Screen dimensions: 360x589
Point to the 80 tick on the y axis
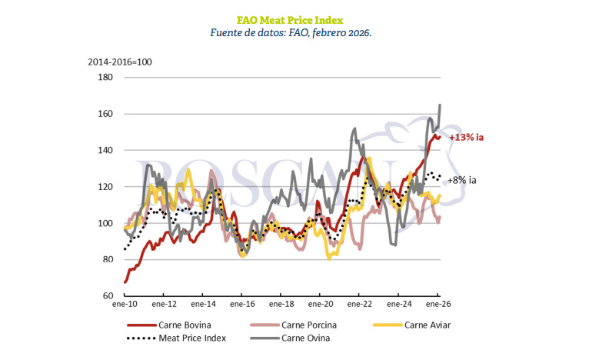point(107,259)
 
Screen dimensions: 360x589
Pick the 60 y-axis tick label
point(107,295)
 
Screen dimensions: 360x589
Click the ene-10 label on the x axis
point(125,305)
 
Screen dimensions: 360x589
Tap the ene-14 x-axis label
point(203,305)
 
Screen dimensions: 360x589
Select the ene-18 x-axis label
point(281,305)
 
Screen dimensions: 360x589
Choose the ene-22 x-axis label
point(360,305)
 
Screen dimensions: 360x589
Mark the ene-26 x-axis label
point(438,305)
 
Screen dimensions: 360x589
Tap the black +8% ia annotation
point(462,180)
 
